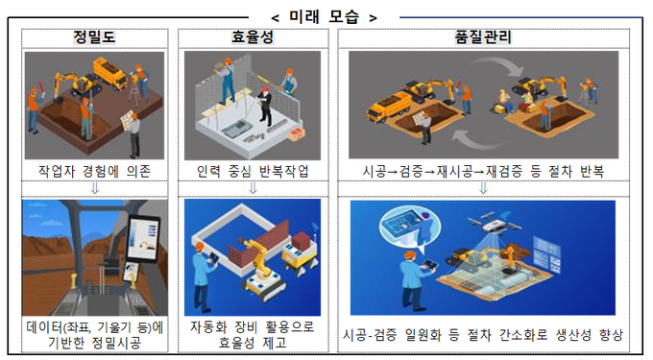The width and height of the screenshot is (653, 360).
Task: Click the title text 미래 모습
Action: coord(324,17)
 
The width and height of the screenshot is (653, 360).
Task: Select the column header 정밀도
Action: coord(94,37)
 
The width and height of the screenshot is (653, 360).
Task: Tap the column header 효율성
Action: coord(253,37)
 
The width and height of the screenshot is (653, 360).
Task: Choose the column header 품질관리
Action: coord(483,37)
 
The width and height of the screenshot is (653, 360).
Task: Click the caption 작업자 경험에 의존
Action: coord(94,171)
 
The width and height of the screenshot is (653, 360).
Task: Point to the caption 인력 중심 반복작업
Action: coord(253,171)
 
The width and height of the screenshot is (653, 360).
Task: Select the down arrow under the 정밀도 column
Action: coord(95,188)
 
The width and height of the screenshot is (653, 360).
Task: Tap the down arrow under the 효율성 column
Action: coord(253,188)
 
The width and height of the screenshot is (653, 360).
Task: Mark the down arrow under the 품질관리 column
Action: coord(483,188)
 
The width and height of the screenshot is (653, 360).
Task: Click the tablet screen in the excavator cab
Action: coord(143,239)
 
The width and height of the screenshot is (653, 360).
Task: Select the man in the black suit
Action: coord(265,106)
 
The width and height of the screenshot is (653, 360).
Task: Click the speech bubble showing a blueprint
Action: coord(409,228)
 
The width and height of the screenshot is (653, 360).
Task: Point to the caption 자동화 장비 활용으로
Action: coord(253,326)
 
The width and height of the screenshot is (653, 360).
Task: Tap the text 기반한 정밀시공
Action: coord(94,343)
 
